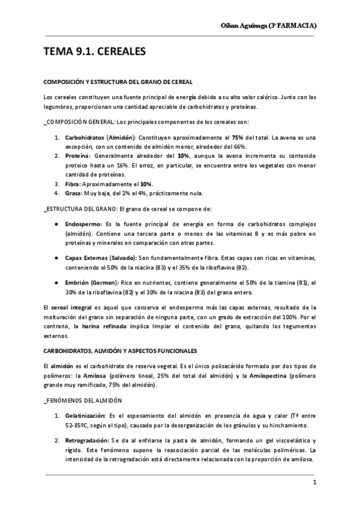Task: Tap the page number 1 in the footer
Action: [314, 483]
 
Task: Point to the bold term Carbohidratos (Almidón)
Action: [100, 137]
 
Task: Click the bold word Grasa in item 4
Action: [74, 193]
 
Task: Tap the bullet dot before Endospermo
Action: [55, 223]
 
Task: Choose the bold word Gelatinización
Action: [84, 415]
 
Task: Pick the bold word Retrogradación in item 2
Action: [86, 441]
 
